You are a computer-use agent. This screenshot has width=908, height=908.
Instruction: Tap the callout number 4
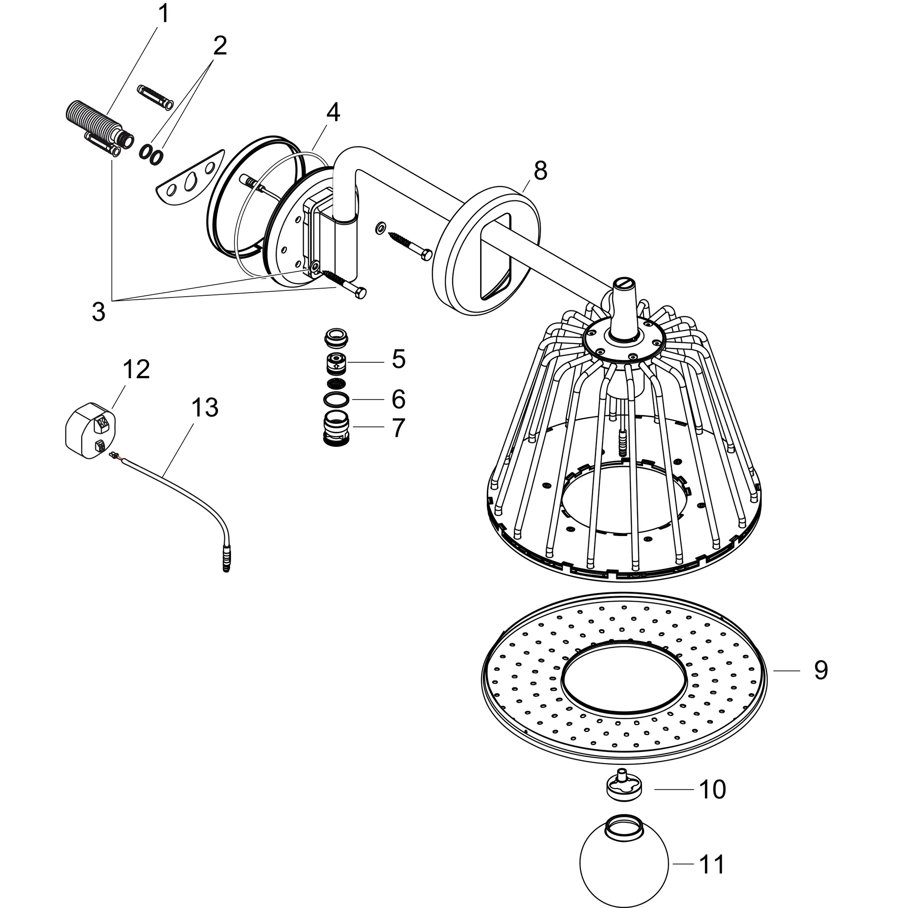tap(333, 113)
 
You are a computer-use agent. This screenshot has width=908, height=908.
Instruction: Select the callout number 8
tap(540, 171)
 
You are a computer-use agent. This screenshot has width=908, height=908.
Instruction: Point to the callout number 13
tap(204, 407)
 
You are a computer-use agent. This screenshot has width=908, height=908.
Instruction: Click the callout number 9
tap(821, 671)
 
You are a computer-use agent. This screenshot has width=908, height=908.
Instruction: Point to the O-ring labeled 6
tap(337, 399)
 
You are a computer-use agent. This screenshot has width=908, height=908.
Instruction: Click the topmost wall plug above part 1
tap(155, 96)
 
